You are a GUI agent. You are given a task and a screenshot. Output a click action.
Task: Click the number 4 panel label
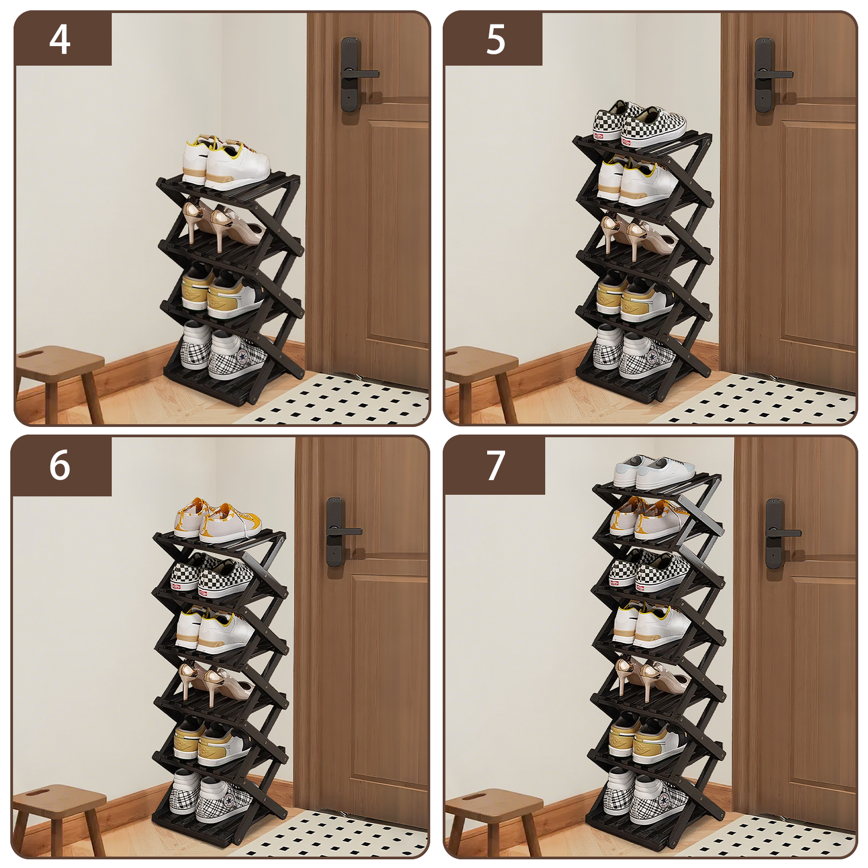coord(60,39)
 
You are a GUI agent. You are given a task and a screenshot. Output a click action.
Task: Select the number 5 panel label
coord(496,40)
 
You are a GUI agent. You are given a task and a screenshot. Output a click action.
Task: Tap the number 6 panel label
coord(60,465)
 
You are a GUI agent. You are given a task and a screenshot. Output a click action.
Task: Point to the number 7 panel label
coord(496,465)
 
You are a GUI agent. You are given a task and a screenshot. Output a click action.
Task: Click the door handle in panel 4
coord(358,74)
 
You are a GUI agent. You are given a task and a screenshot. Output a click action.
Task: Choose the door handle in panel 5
coord(773,74)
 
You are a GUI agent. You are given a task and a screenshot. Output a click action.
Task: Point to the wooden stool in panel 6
coord(59,819)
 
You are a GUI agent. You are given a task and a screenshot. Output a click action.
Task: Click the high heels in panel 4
coord(222,226)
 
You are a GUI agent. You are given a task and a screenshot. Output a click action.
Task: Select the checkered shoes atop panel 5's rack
coord(639,125)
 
